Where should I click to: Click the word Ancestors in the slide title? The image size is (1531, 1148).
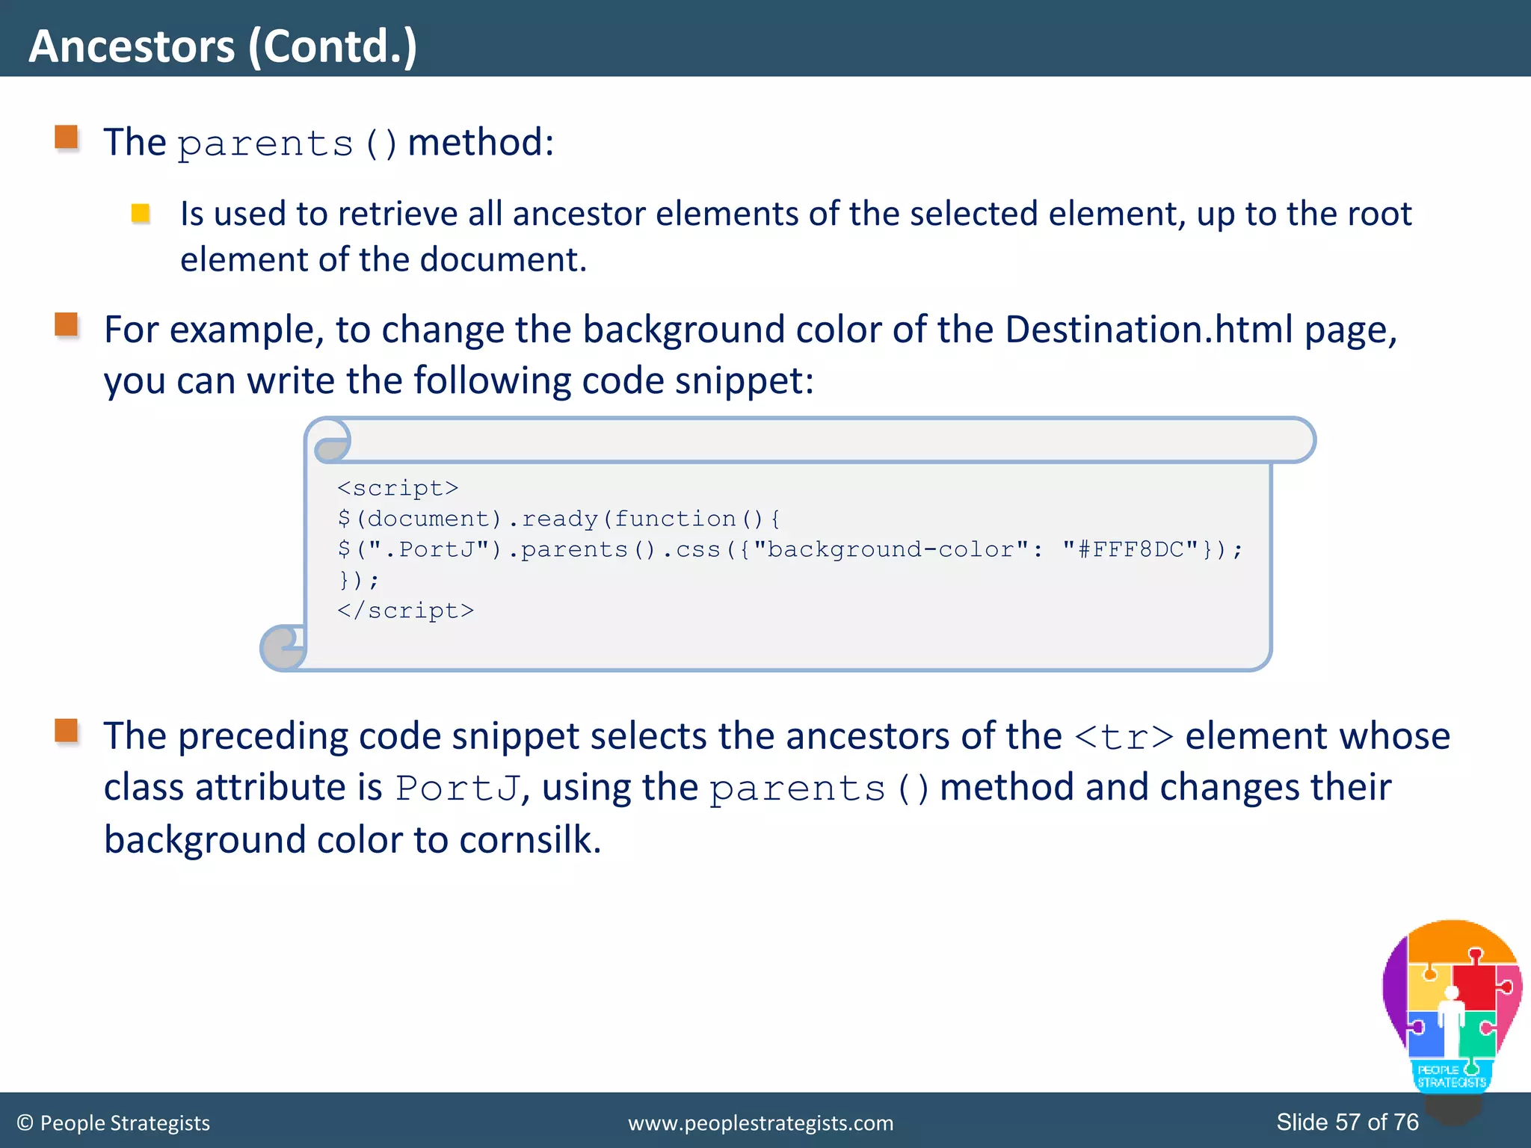(132, 46)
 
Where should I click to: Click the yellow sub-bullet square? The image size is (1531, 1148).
(141, 214)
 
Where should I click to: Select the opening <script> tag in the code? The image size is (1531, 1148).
(397, 488)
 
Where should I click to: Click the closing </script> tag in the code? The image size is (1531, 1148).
(405, 611)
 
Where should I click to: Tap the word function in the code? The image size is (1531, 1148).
(675, 519)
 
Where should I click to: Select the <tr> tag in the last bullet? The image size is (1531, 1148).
(1124, 737)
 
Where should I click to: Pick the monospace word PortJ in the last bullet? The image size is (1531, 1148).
(457, 789)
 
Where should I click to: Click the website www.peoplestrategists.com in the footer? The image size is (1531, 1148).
(760, 1123)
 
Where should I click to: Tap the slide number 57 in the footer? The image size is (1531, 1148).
(1347, 1122)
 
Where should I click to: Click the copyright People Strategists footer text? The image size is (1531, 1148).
(114, 1123)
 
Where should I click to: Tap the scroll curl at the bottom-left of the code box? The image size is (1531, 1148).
(283, 647)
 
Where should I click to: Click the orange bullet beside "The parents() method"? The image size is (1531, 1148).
(67, 138)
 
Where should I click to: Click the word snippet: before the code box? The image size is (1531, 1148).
(744, 380)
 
